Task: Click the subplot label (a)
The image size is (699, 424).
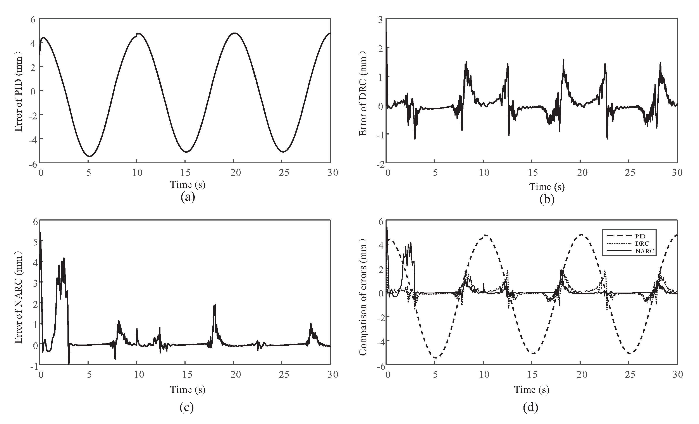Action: [188, 197]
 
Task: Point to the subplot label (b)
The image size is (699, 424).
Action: [547, 199]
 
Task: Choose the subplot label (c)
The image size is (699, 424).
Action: [186, 408]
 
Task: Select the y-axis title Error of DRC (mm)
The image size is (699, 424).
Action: [363, 94]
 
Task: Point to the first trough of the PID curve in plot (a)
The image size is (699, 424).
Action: [89, 156]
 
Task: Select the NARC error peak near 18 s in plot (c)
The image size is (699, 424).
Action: [215, 305]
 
